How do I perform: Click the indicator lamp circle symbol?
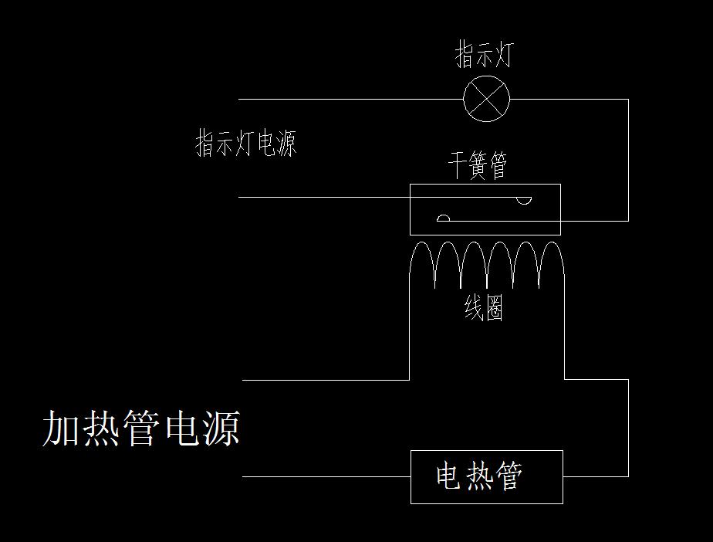(486, 99)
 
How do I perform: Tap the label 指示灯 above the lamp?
(483, 56)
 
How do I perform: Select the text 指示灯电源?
(246, 144)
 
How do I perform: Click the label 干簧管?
(478, 166)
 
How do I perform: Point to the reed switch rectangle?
(485, 209)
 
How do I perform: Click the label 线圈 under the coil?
(484, 309)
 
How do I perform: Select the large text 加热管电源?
(140, 429)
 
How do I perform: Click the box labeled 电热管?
(486, 476)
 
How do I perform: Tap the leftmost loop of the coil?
(421, 263)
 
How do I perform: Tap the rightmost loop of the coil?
(552, 263)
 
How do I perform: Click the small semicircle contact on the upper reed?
(524, 201)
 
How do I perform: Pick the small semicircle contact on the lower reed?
(443, 218)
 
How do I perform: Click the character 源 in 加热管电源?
(221, 429)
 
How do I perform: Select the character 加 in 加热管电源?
(60, 429)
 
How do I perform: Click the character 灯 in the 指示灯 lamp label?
(501, 56)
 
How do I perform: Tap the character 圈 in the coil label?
(494, 309)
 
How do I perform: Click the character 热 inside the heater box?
(478, 476)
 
